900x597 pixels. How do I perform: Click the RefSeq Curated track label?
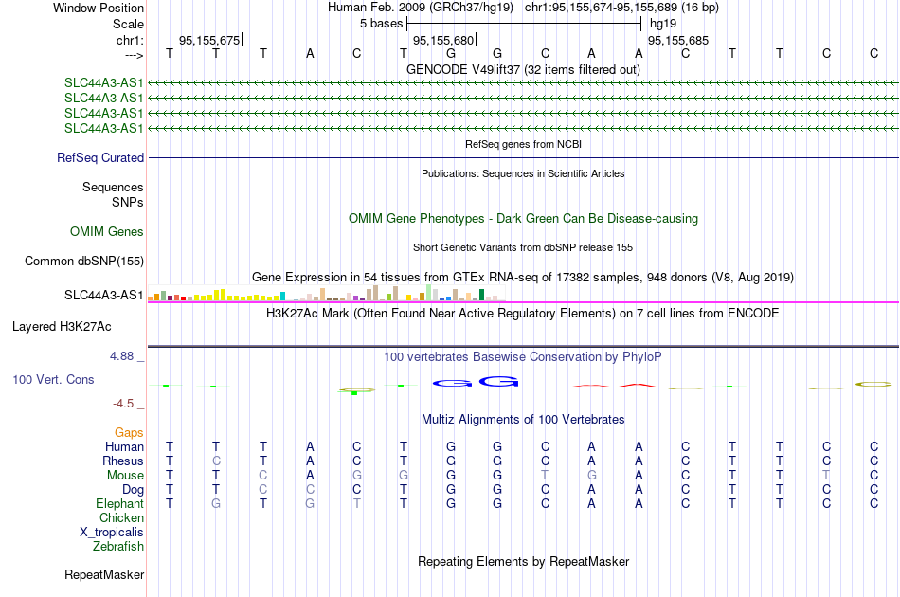pos(100,158)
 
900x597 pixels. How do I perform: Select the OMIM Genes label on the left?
pos(107,232)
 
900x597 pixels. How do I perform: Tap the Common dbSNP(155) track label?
pos(83,262)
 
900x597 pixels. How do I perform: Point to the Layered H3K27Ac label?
pos(62,327)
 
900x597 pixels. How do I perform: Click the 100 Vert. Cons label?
pos(53,379)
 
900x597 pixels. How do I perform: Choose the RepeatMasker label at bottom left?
pos(104,574)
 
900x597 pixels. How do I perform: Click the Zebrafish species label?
pos(118,547)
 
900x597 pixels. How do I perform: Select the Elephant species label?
pos(120,503)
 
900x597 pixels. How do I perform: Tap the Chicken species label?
pos(121,517)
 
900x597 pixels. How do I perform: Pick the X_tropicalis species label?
pos(112,533)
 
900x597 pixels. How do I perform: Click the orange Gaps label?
pos(129,432)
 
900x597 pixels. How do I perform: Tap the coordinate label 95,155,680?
pos(443,40)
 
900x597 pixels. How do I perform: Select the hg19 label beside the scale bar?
pos(663,24)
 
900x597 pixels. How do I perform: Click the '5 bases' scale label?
pos(382,24)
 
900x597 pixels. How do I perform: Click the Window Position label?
pos(99,8)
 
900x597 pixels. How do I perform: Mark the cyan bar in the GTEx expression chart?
pos(283,297)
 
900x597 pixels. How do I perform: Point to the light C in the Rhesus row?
pos(216,461)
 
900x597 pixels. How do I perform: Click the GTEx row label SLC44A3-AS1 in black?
pos(104,295)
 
